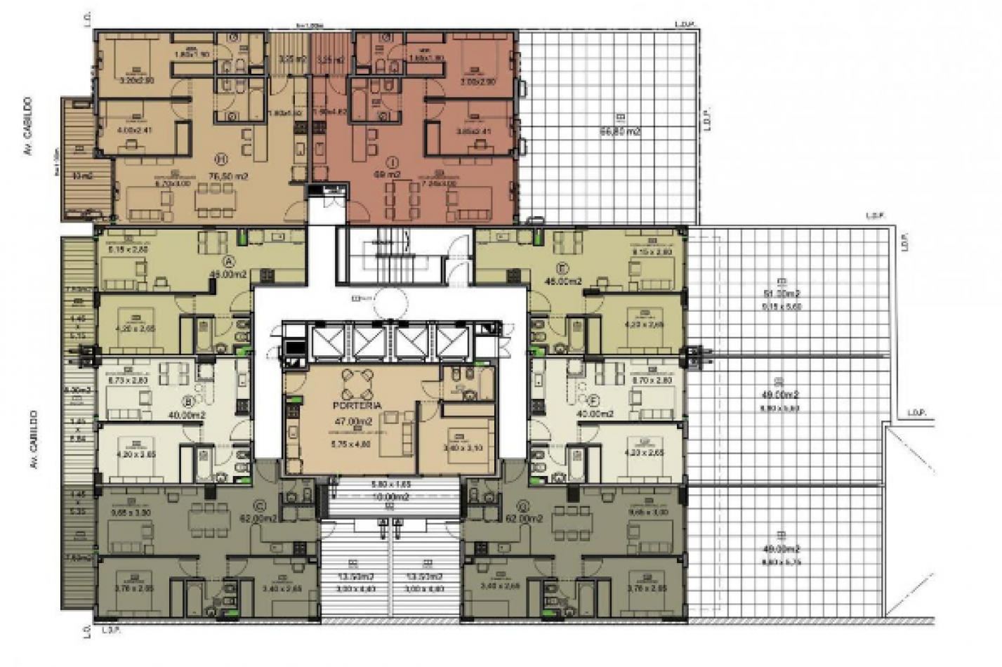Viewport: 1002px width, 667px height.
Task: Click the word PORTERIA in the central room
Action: (357, 405)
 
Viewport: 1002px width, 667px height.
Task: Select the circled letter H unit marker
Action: (223, 157)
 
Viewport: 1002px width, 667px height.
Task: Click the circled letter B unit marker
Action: (188, 402)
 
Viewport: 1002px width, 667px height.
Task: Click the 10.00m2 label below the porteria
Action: (390, 496)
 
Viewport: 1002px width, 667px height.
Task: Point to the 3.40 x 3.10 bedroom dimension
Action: (458, 447)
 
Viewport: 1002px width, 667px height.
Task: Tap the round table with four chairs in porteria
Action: (356, 383)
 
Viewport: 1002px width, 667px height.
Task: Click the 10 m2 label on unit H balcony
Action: (84, 176)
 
